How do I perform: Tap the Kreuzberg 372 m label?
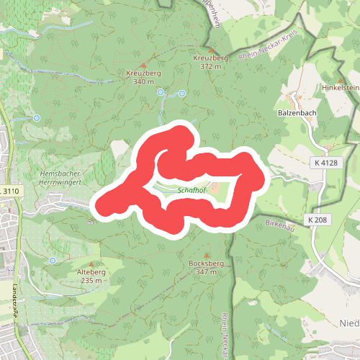[210, 61]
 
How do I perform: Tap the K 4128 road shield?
[325, 163]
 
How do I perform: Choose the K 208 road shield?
[317, 219]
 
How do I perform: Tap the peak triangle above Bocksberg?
[207, 256]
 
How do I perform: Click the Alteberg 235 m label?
[91, 276]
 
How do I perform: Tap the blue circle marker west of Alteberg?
[53, 260]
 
